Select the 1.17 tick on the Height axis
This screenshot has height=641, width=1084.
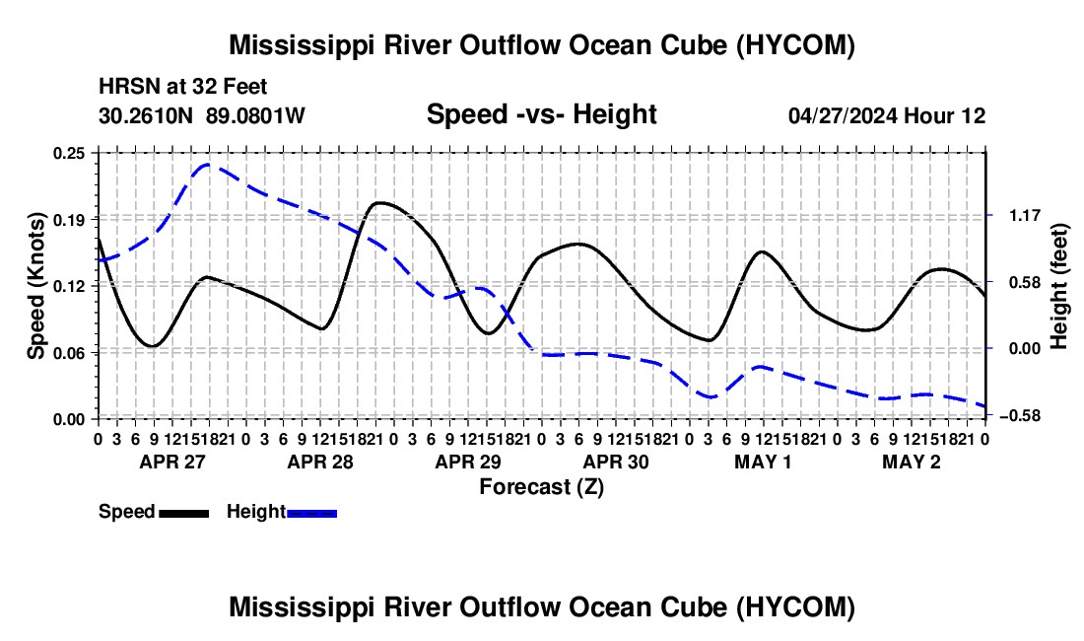1025,216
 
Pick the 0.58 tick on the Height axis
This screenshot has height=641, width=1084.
1025,282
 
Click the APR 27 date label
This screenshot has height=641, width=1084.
172,462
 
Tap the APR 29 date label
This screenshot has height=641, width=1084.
468,462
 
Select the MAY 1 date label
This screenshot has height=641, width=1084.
763,462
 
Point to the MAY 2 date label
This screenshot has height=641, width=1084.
912,462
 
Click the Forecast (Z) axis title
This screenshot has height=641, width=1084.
542,487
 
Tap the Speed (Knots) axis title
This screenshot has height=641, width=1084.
35,286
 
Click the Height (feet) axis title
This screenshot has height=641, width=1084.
1059,286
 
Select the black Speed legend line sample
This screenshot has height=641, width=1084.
184,514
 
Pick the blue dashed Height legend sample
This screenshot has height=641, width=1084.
311,514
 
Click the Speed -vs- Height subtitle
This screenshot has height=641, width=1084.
541,114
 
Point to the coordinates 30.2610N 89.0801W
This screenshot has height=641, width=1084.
201,115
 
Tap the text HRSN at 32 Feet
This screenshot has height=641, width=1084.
182,87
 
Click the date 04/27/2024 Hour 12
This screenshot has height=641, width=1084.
887,115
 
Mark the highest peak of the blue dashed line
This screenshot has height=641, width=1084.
206,165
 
